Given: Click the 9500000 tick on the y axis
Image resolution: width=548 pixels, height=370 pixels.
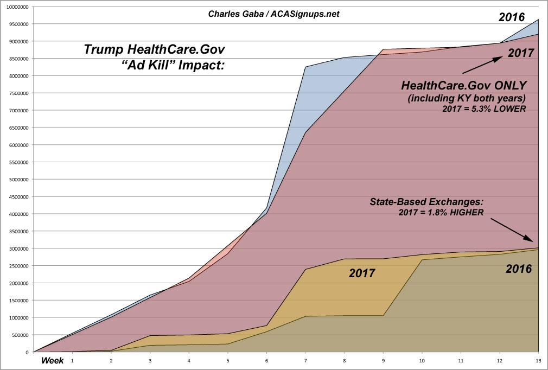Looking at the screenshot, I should pyautogui.click(x=16, y=24).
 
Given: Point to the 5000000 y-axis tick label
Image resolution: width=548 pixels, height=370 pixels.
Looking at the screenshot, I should pyautogui.click(x=16, y=180).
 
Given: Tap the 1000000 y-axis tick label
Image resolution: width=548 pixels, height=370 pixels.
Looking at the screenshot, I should pyautogui.click(x=16, y=317).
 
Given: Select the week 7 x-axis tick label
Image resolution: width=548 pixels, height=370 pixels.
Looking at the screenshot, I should pyautogui.click(x=305, y=360).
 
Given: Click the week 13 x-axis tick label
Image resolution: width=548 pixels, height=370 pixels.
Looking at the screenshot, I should pyautogui.click(x=538, y=360).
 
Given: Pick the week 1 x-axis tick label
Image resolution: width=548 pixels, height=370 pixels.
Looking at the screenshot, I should pyautogui.click(x=72, y=360).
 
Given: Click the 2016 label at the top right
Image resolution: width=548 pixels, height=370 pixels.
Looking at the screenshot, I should pyautogui.click(x=512, y=17).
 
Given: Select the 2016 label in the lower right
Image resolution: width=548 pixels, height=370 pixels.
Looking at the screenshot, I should pyautogui.click(x=518, y=268).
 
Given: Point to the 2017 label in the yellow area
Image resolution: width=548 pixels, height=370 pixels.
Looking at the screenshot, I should pyautogui.click(x=362, y=273).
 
